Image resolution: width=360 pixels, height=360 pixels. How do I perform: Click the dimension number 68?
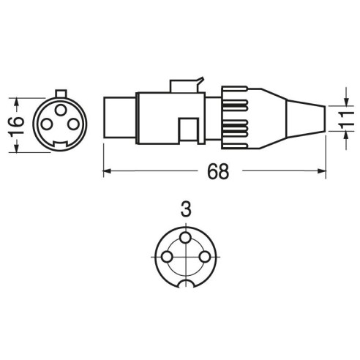point(218,171)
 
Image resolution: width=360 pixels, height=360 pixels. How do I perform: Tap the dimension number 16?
point(16,126)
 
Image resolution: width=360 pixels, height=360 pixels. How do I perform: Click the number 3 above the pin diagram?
point(186,210)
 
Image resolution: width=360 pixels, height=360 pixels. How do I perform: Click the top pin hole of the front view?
point(61,110)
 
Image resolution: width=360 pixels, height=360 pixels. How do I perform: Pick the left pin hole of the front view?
point(47,124)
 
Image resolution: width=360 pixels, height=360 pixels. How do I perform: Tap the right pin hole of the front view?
point(73,124)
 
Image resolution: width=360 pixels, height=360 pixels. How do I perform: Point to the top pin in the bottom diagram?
point(186,237)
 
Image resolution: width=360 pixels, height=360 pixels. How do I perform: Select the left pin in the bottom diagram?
point(167,257)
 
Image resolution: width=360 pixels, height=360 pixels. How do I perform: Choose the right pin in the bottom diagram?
point(204,257)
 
